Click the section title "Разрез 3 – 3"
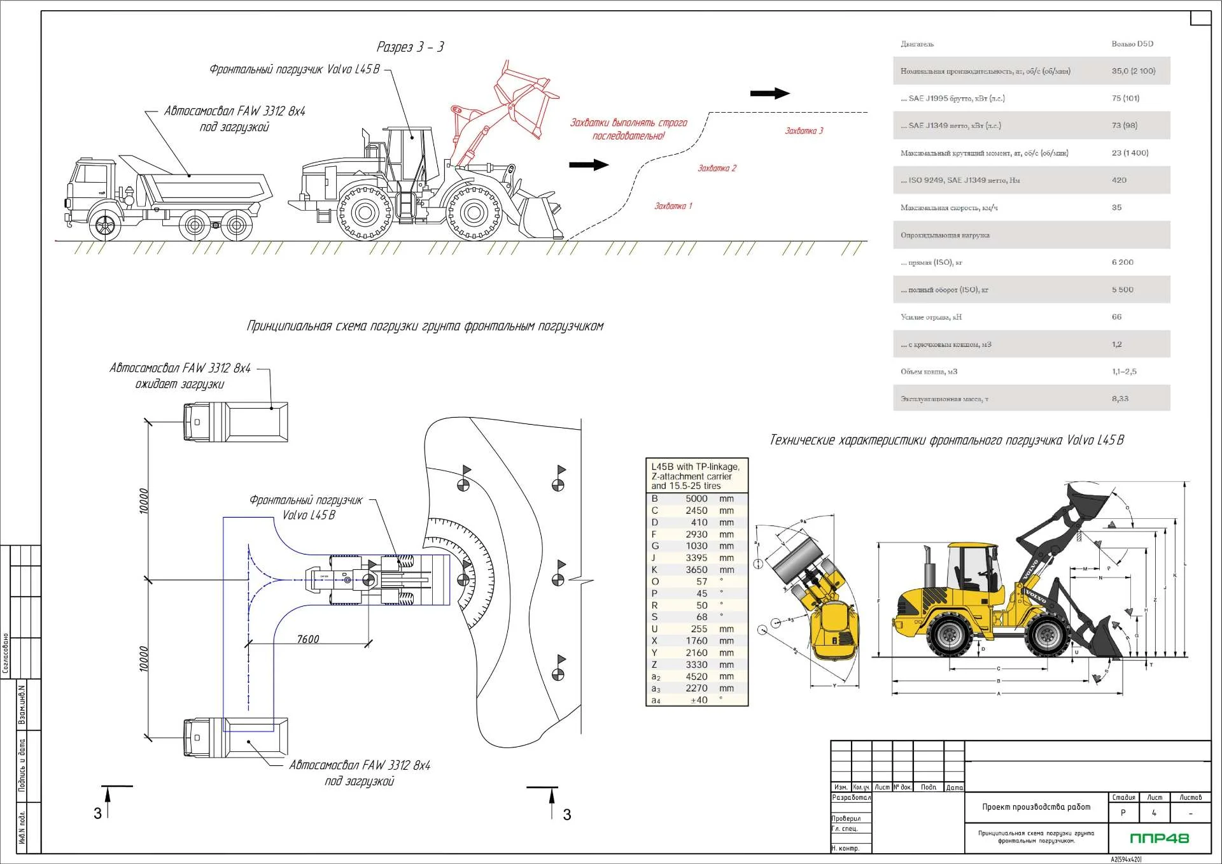(x=410, y=47)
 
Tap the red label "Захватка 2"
(x=717, y=169)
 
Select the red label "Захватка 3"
(x=804, y=131)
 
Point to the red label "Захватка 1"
(x=673, y=206)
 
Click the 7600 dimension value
(x=308, y=639)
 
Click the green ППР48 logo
(x=1159, y=838)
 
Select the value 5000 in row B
(x=696, y=499)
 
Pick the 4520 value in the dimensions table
(x=696, y=677)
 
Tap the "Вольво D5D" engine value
(x=1132, y=44)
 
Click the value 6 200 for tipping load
(x=1123, y=262)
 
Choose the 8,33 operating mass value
(x=1120, y=399)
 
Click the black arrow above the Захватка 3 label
(x=769, y=94)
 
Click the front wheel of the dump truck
(x=105, y=225)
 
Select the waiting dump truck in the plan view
(x=235, y=421)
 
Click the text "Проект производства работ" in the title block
(x=1036, y=807)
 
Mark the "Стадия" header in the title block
(x=1123, y=797)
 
